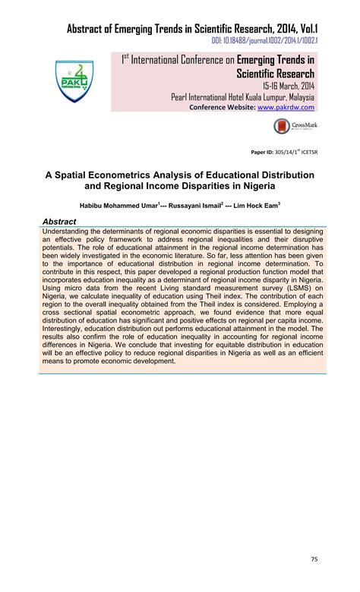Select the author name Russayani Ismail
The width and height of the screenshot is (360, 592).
pyautogui.click(x=203, y=205)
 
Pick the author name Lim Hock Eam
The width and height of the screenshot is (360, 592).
pyautogui.click(x=258, y=205)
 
